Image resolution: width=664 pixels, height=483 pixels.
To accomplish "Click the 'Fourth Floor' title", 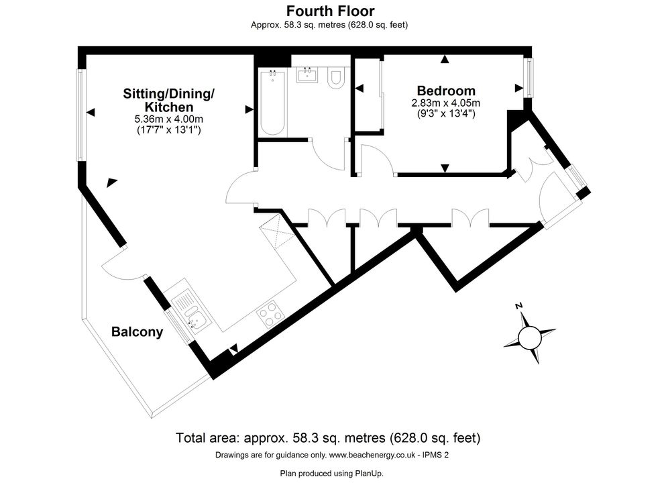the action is click(x=330, y=10).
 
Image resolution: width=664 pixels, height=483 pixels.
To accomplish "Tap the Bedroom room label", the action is click(x=446, y=91).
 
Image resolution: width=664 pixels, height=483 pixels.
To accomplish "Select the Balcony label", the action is click(x=137, y=332).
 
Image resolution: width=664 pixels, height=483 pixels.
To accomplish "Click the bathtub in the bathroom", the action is click(x=273, y=102).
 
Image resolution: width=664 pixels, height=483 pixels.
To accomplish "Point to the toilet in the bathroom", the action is click(x=336, y=78).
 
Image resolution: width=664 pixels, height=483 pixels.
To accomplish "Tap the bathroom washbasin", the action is click(x=307, y=75).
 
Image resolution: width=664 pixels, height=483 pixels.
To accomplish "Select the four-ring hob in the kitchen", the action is click(x=270, y=314).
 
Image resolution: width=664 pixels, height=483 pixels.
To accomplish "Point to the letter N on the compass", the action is click(x=518, y=306).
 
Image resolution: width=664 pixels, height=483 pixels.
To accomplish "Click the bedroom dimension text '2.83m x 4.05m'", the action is click(x=446, y=103).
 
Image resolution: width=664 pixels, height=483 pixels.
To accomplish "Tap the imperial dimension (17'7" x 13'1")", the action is click(x=168, y=130).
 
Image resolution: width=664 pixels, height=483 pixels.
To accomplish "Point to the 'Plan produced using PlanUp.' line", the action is click(x=332, y=473).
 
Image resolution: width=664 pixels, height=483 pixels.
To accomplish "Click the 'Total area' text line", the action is click(x=328, y=437).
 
